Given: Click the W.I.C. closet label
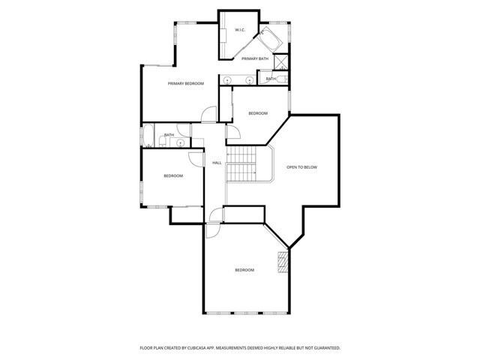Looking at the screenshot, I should [240, 30].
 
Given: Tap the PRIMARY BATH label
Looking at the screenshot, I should [255, 58].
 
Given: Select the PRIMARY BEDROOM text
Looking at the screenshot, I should [186, 83].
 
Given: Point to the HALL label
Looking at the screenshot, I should [217, 163].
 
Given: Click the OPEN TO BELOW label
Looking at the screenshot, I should [302, 167].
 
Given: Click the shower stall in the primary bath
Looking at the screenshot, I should [282, 61].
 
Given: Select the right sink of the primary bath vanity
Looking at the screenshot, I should [247, 78].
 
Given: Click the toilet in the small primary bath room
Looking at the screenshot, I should [281, 78].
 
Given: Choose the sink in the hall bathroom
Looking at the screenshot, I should [181, 141].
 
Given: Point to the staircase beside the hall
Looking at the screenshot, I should [241, 163].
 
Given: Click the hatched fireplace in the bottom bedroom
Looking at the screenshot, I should [283, 262].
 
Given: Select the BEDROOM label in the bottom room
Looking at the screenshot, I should [244, 270].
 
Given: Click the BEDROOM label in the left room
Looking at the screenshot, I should [173, 175].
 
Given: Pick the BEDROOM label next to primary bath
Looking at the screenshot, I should [258, 113].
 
